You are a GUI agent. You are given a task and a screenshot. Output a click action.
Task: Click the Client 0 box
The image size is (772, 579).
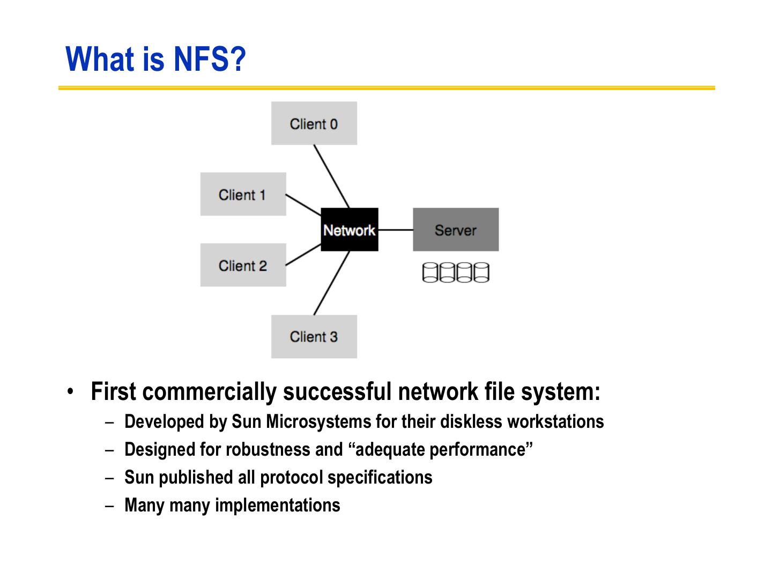(314, 123)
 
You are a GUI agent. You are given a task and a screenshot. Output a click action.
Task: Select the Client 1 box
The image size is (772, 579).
(243, 194)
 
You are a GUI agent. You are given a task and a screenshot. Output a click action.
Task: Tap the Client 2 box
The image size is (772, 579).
(243, 265)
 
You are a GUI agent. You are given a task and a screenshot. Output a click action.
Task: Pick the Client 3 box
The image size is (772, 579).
(314, 336)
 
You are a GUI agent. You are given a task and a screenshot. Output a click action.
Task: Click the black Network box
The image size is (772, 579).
(349, 229)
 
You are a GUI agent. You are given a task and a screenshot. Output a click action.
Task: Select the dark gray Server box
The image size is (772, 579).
(455, 229)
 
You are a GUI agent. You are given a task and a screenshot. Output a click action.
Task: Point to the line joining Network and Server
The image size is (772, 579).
(395, 229)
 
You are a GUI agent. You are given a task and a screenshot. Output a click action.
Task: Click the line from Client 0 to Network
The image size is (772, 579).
(331, 176)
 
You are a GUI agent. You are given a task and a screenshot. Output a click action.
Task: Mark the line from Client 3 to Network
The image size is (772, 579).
(331, 283)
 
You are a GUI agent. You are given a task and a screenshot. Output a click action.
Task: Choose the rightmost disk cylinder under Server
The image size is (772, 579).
(481, 272)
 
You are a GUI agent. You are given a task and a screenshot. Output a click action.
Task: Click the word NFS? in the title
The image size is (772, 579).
(209, 59)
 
